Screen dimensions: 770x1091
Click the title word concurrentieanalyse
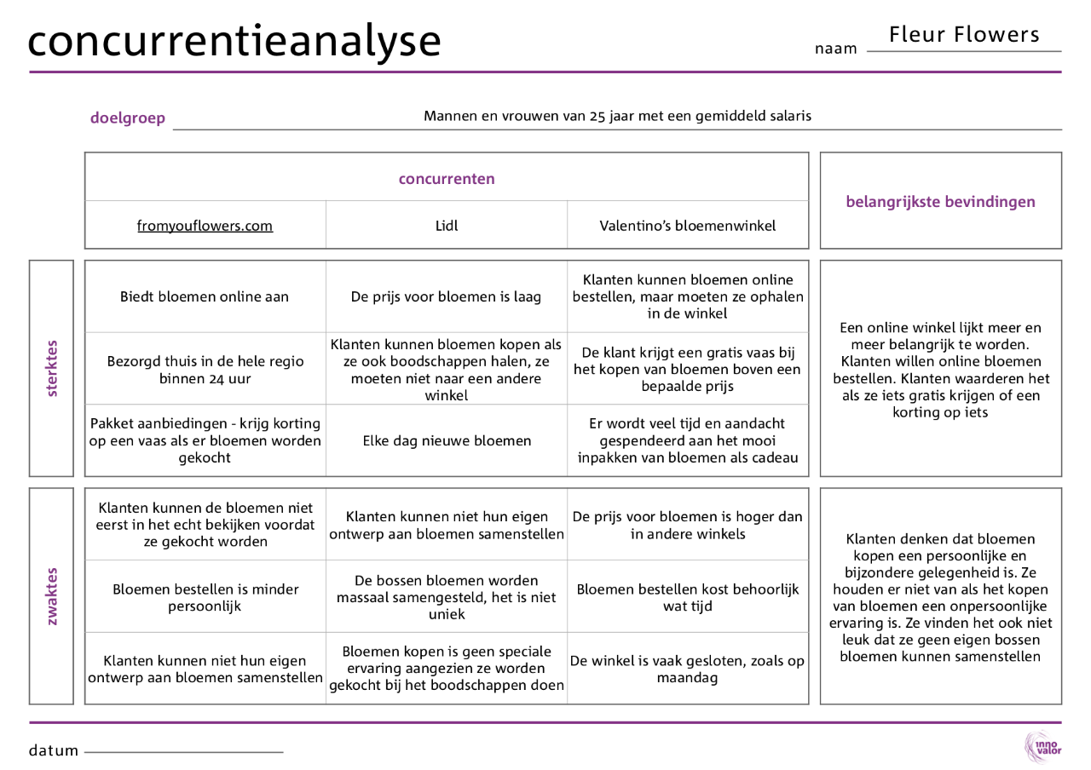(x=234, y=41)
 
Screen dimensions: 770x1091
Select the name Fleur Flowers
(x=964, y=35)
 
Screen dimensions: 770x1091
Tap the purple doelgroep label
(x=128, y=118)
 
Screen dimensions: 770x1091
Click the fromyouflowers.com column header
(x=205, y=226)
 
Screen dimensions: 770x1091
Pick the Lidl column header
(x=446, y=226)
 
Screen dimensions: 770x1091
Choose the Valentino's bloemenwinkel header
(x=688, y=226)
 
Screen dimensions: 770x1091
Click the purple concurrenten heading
(x=447, y=179)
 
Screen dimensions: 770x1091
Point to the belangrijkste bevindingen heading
(x=940, y=202)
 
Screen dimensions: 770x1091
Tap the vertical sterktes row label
(x=52, y=368)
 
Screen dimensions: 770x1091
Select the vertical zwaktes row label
(x=52, y=596)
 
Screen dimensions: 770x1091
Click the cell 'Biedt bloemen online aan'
(x=205, y=296)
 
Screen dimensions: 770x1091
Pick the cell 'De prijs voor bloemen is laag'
(x=446, y=296)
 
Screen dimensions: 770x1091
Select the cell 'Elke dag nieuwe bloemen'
(x=446, y=440)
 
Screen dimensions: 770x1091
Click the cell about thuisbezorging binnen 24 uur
(x=205, y=369)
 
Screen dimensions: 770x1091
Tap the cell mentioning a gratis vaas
(x=688, y=369)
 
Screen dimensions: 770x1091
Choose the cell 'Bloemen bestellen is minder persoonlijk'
(x=205, y=597)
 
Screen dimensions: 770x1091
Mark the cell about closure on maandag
(x=688, y=669)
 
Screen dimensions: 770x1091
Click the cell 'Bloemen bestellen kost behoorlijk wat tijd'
(x=688, y=597)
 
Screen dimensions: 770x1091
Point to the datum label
(x=54, y=750)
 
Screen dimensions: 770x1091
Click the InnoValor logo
(x=1042, y=747)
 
